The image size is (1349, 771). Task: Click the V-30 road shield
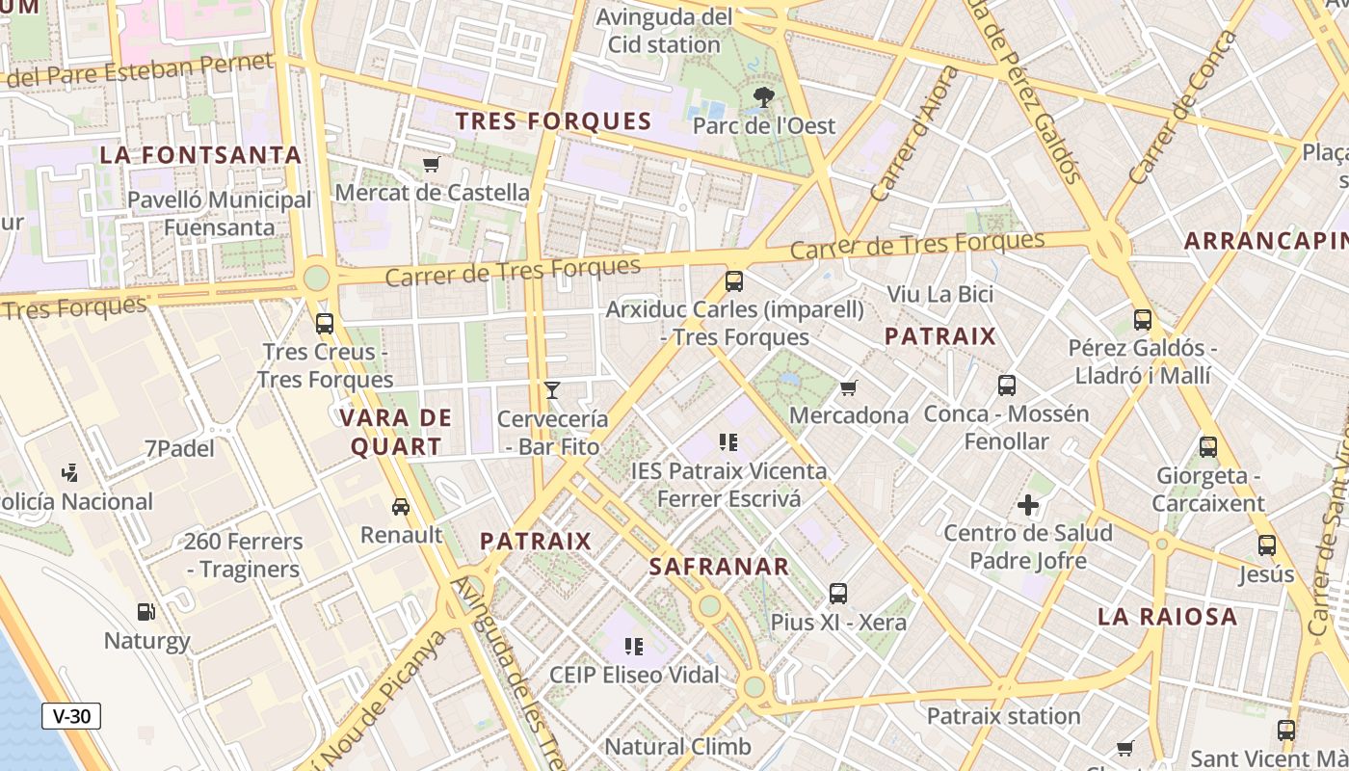tap(71, 716)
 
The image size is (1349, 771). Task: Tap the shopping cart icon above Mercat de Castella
tap(432, 165)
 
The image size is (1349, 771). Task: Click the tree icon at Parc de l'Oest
tap(764, 96)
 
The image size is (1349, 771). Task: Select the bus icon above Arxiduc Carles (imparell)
tap(734, 281)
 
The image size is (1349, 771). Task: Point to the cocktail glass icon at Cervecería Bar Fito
tap(552, 389)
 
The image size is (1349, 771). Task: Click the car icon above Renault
tap(401, 506)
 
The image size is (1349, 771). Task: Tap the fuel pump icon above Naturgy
tap(146, 611)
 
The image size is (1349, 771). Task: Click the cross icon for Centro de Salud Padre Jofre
tap(1028, 504)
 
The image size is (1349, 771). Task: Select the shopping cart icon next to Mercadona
tap(849, 387)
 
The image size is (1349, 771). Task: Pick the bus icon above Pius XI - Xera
tap(838, 593)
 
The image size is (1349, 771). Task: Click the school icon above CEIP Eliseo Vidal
tap(633, 646)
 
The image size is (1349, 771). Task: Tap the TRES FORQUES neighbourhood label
tap(554, 121)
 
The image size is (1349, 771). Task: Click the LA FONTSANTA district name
tap(201, 155)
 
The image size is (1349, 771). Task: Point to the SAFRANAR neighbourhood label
tap(720, 567)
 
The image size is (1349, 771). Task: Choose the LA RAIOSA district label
tap(1168, 617)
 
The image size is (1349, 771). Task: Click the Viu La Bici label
tap(939, 294)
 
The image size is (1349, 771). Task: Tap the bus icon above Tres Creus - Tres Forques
tap(325, 323)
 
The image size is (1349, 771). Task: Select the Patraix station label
tap(1003, 716)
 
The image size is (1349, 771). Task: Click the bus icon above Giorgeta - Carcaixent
tap(1208, 447)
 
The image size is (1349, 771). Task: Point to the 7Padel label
tap(179, 448)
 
